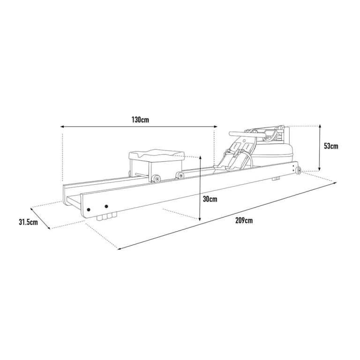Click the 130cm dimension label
[140, 120]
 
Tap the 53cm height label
[331, 146]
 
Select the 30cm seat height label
[210, 199]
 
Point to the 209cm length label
[244, 220]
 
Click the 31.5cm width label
[28, 222]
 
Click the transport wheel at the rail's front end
[298, 171]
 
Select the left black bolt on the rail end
[89, 210]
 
